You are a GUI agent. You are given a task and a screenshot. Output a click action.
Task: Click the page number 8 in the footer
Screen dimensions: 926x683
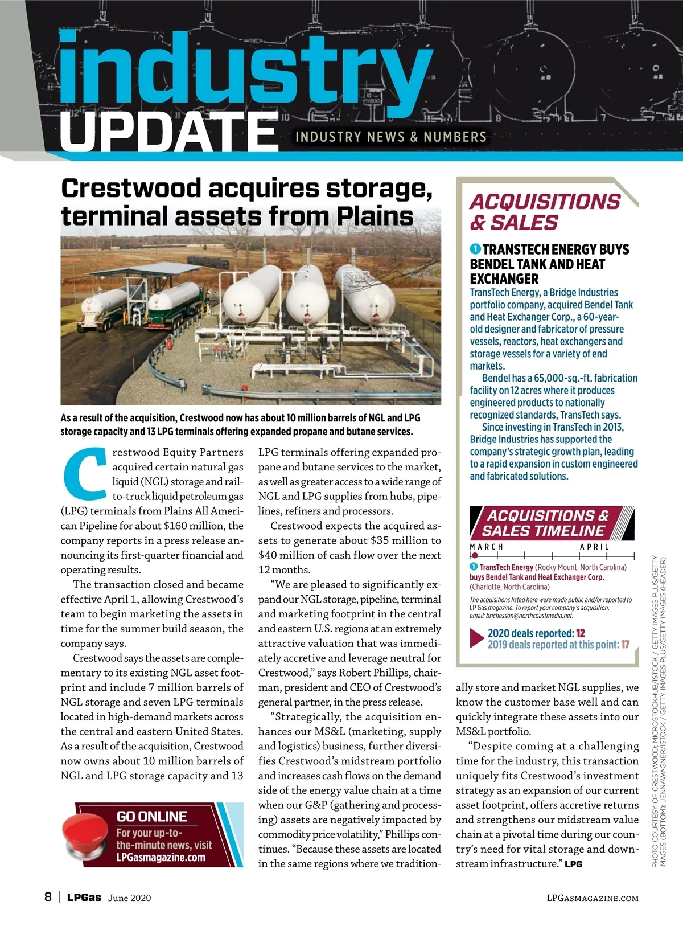tap(48, 897)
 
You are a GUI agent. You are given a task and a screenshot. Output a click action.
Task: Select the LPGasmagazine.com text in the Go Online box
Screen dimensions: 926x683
tap(161, 857)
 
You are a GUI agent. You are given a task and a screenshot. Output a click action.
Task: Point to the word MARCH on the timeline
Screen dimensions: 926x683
tap(487, 547)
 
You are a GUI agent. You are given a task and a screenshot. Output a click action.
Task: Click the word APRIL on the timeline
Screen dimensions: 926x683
tap(594, 547)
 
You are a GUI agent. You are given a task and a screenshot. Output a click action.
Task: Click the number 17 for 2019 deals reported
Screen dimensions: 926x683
tap(625, 645)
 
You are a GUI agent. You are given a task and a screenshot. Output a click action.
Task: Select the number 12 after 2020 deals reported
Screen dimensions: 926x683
tap(581, 633)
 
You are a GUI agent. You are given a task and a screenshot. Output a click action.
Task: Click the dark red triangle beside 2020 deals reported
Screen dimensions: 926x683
tap(476, 638)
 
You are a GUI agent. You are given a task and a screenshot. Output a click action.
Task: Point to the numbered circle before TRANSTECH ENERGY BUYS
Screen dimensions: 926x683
tap(475, 249)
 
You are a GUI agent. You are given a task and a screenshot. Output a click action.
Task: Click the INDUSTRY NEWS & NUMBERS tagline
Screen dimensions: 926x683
tap(391, 137)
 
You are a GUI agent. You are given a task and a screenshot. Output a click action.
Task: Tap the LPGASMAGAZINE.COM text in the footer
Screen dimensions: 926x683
tap(592, 898)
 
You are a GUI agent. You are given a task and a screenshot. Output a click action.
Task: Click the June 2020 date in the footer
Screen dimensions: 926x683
tap(130, 898)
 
